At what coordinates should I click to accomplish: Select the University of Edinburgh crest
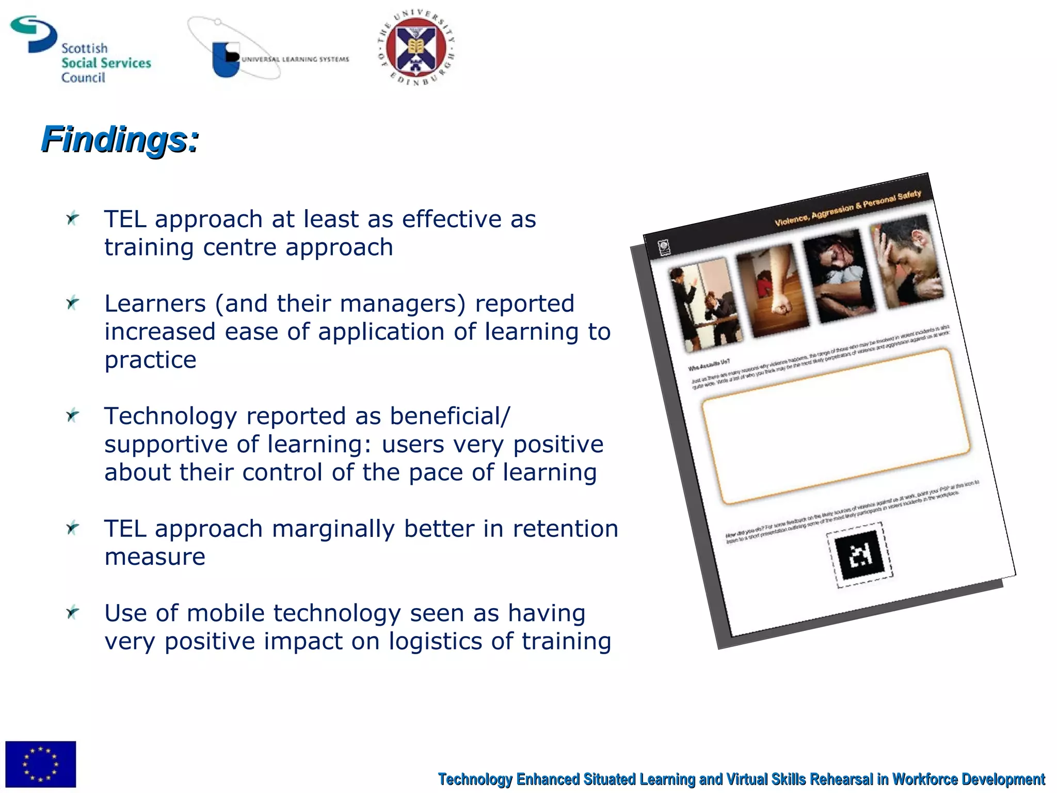pos(416,48)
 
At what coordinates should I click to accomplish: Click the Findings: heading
pos(120,139)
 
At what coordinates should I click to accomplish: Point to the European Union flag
pos(41,764)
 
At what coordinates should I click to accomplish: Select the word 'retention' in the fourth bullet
pos(565,529)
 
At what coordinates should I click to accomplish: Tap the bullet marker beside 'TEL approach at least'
pos(73,218)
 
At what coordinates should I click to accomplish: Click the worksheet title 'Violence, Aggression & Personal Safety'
pos(847,208)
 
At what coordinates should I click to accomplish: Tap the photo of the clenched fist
pos(772,292)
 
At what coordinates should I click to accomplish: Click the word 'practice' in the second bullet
pos(150,360)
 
